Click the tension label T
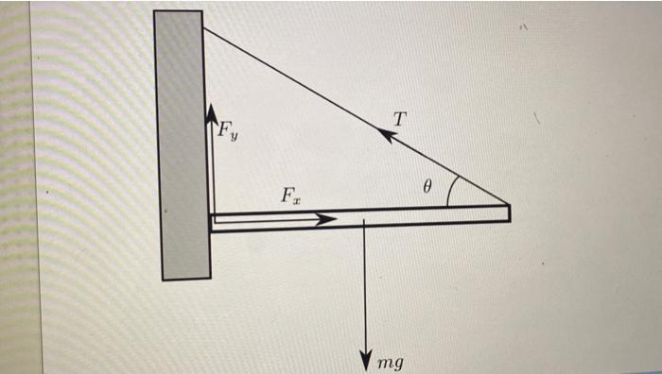pyautogui.click(x=400, y=119)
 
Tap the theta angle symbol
pyautogui.click(x=427, y=188)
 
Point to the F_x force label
pyautogui.click(x=290, y=196)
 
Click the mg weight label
pyautogui.click(x=390, y=362)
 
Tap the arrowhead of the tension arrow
pyautogui.click(x=384, y=135)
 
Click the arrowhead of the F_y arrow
pyautogui.click(x=211, y=112)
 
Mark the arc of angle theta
pyautogui.click(x=452, y=190)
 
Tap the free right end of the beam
pyautogui.click(x=509, y=213)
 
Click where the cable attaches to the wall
pyautogui.click(x=203, y=28)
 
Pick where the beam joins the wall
pyautogui.click(x=211, y=221)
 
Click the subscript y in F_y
pyautogui.click(x=235, y=136)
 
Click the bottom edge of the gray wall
pyautogui.click(x=185, y=280)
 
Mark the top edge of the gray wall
pyautogui.click(x=178, y=11)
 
